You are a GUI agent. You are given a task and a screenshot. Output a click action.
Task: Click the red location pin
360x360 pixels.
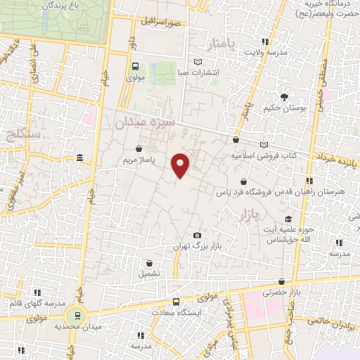[x=181, y=165]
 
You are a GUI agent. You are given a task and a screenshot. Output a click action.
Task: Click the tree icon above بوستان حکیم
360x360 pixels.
[x=284, y=97]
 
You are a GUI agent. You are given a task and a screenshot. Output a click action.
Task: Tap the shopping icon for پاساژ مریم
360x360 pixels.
[x=139, y=149]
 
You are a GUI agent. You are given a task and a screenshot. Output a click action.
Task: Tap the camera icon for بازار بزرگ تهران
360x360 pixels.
[x=197, y=235]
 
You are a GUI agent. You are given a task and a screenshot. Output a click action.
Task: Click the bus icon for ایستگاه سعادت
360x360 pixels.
[x=176, y=301]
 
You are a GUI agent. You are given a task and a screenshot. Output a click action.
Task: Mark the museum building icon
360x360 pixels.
[x=79, y=157]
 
